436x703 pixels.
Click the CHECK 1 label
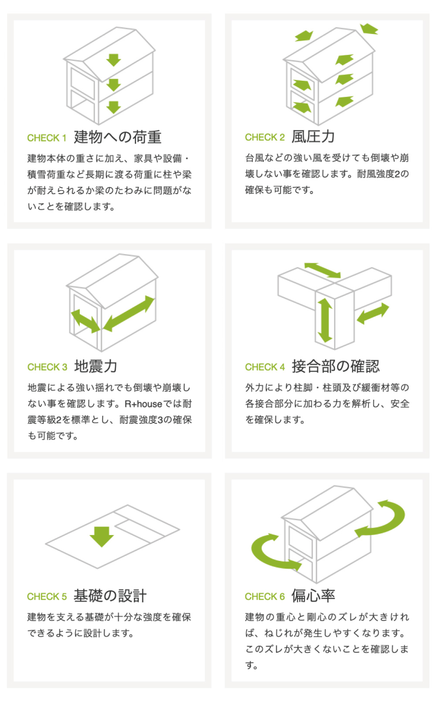[46, 138]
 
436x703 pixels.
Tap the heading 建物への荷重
[118, 137]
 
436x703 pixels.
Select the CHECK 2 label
[265, 137]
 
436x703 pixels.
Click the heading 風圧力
[313, 137]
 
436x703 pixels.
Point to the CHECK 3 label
[47, 367]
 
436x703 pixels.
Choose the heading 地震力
[95, 366]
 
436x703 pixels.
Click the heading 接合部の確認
[336, 366]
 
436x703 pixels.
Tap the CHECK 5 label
[47, 596]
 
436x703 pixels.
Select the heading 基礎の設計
[110, 596]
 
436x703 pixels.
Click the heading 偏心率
[313, 596]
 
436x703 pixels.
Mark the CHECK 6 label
[265, 596]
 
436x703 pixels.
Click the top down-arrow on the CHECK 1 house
[113, 60]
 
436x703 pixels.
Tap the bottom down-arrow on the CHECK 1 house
[113, 107]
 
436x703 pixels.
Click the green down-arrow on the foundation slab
[102, 537]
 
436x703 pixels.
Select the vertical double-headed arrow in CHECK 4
[325, 320]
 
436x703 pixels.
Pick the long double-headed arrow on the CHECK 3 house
[129, 314]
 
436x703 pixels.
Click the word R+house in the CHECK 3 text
[143, 404]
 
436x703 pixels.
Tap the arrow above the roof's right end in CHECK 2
[369, 28]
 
